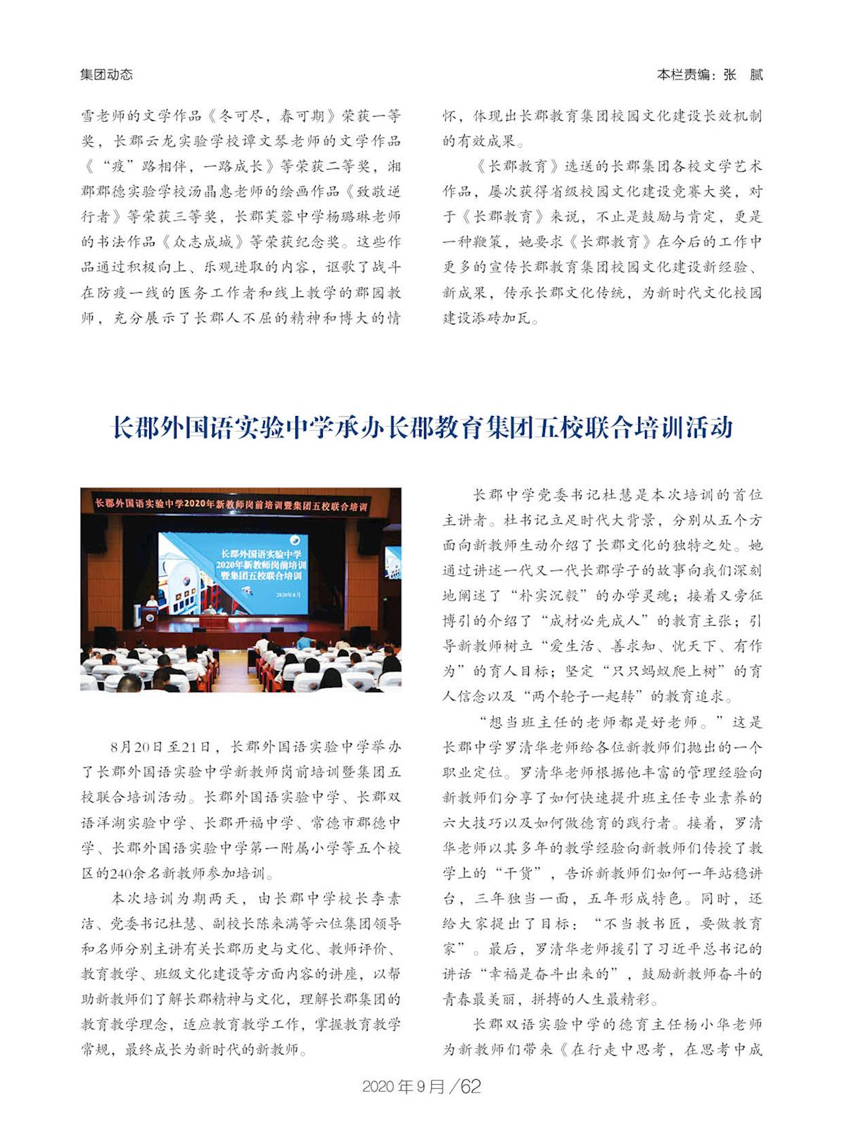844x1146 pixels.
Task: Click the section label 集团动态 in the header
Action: tap(106, 75)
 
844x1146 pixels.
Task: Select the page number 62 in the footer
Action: tap(471, 1086)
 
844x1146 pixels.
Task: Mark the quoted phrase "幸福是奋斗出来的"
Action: tap(555, 974)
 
